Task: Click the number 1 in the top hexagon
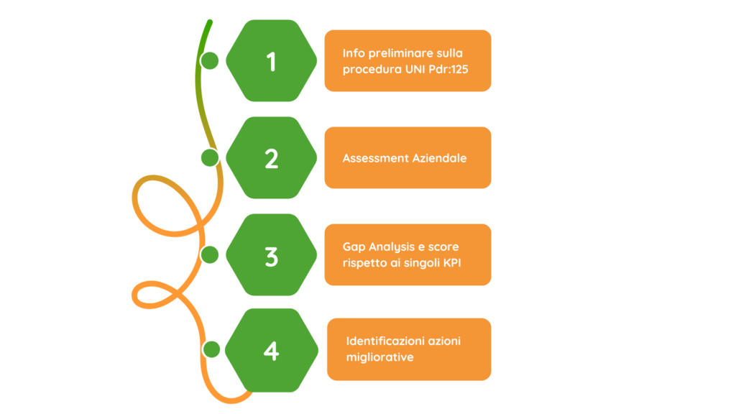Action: tap(271, 62)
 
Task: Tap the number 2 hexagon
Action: tap(271, 158)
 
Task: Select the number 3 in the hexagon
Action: tap(271, 256)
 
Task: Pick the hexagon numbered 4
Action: tap(271, 351)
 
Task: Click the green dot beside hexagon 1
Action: tap(210, 60)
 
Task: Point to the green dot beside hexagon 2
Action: tap(209, 157)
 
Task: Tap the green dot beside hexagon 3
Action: tap(210, 254)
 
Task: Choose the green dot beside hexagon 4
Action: tap(211, 350)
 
